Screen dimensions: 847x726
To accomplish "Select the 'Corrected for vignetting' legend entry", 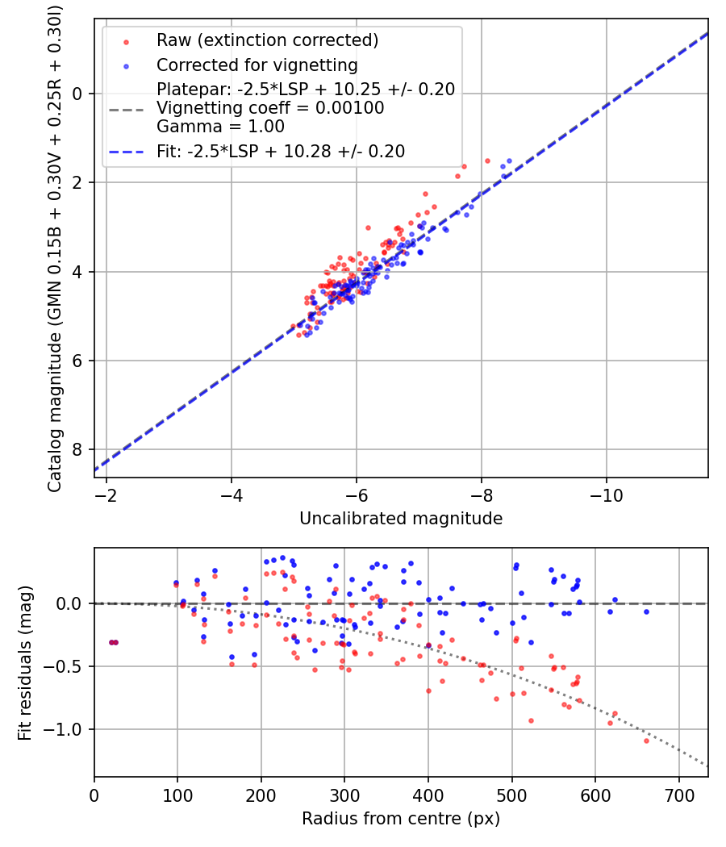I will tap(257, 65).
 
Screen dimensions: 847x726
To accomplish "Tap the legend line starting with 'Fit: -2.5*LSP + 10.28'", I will tap(281, 151).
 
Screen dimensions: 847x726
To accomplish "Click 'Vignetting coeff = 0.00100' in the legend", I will tap(270, 108).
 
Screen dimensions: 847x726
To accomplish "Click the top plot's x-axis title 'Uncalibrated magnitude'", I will tap(401, 519).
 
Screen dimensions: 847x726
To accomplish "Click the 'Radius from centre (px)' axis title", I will tap(401, 819).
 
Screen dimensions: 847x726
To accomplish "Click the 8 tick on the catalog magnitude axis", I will tap(78, 449).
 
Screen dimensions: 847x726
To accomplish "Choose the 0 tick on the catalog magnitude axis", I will tap(78, 94).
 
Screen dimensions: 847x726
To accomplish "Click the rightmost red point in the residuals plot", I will tap(646, 741).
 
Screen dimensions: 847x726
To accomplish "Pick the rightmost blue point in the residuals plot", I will tap(646, 611).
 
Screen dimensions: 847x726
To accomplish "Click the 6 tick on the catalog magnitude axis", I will tap(78, 361).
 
